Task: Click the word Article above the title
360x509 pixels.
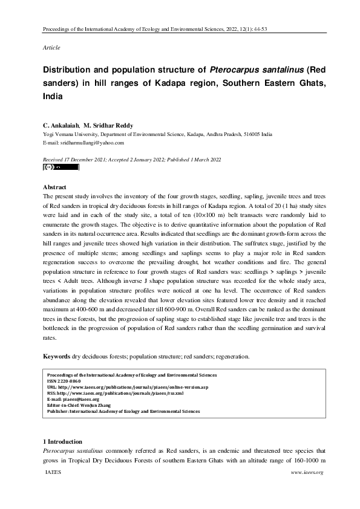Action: (51, 47)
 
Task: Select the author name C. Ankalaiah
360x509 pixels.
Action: (61, 125)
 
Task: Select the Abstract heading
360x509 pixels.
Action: (55, 187)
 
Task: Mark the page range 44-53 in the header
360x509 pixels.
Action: (313, 28)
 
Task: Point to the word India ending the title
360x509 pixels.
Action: (52, 96)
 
